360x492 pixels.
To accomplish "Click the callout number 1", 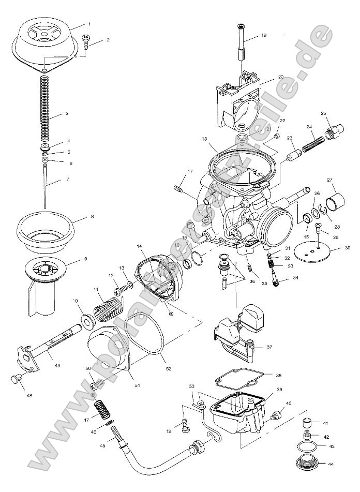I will click(89, 24).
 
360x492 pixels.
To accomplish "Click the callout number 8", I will click(92, 216).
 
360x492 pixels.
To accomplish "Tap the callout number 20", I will click(281, 77).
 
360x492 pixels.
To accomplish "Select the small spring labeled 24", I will click(311, 141).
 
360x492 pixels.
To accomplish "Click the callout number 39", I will click(279, 389).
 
